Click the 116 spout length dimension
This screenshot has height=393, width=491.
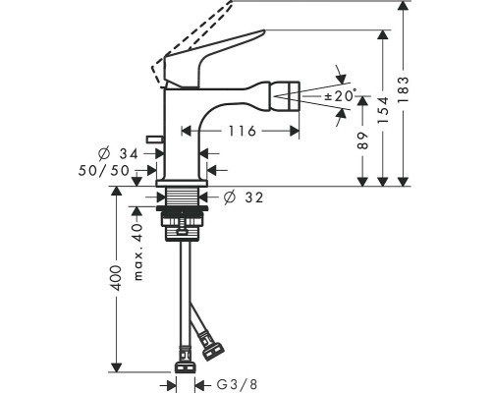click(242, 131)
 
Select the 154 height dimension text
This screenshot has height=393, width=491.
click(383, 110)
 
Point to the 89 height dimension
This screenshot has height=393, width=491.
click(362, 140)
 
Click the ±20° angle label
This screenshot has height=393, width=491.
click(340, 96)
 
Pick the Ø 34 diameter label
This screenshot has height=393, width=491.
click(119, 153)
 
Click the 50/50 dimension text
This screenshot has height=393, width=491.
click(104, 170)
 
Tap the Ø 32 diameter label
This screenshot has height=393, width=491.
click(244, 197)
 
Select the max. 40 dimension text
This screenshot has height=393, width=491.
click(138, 252)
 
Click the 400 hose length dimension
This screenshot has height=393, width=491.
click(117, 278)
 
